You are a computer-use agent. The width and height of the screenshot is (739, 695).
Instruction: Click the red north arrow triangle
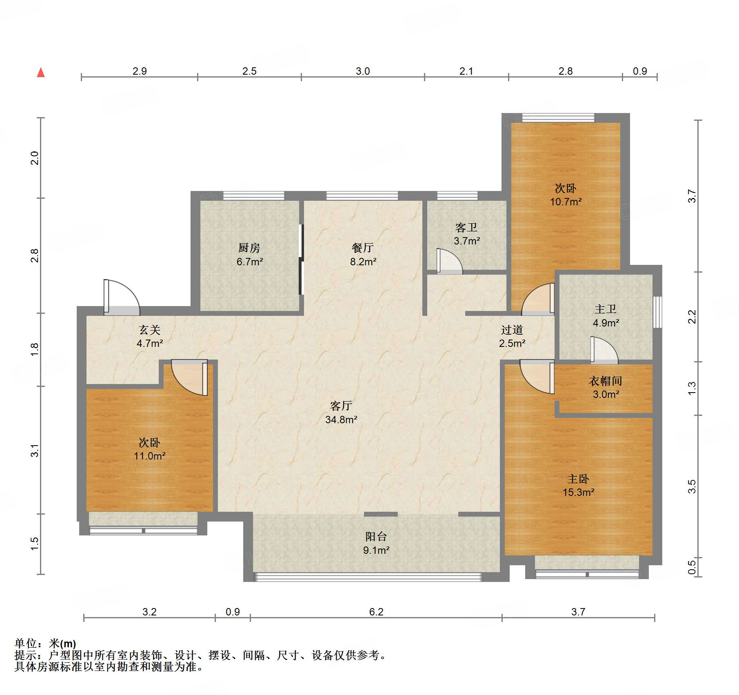click(x=41, y=72)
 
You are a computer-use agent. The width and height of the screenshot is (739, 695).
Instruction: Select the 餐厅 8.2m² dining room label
click(x=363, y=254)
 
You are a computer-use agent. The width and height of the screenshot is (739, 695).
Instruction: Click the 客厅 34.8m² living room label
click(x=341, y=412)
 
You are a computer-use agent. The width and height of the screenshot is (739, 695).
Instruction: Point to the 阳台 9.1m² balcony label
click(x=376, y=543)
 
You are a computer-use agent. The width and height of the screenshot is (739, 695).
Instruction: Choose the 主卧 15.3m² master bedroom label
click(x=578, y=485)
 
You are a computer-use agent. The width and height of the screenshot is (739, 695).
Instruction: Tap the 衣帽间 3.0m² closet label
click(x=606, y=387)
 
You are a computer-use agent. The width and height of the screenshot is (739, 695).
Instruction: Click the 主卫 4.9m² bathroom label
click(x=606, y=316)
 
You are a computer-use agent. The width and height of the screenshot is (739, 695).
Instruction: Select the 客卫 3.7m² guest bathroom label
click(x=467, y=234)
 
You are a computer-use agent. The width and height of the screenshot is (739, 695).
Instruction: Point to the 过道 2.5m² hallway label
click(x=512, y=336)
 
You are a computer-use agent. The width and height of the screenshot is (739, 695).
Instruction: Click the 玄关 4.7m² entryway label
click(x=150, y=336)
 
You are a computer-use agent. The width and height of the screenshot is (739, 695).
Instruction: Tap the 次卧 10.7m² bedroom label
click(x=566, y=195)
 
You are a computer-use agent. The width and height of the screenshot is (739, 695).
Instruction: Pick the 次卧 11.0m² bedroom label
click(x=150, y=449)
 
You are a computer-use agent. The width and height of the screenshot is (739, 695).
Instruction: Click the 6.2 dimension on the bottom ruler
click(x=376, y=612)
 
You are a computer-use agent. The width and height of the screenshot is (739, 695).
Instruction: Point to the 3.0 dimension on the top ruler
click(x=363, y=71)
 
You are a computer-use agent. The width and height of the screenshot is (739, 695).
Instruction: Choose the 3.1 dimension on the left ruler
click(x=35, y=451)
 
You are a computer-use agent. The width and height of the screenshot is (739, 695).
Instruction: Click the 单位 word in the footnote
click(x=26, y=644)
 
